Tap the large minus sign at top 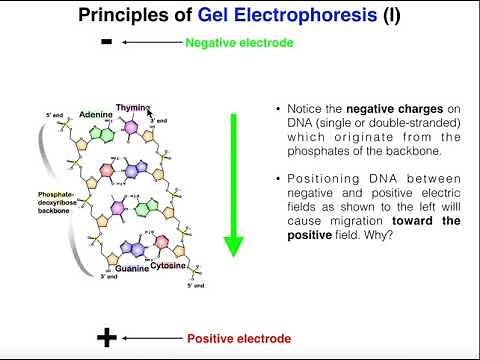point(106,43)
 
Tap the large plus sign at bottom point(107,338)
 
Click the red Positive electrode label point(241,339)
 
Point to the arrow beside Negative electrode point(150,43)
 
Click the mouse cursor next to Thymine point(151,115)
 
